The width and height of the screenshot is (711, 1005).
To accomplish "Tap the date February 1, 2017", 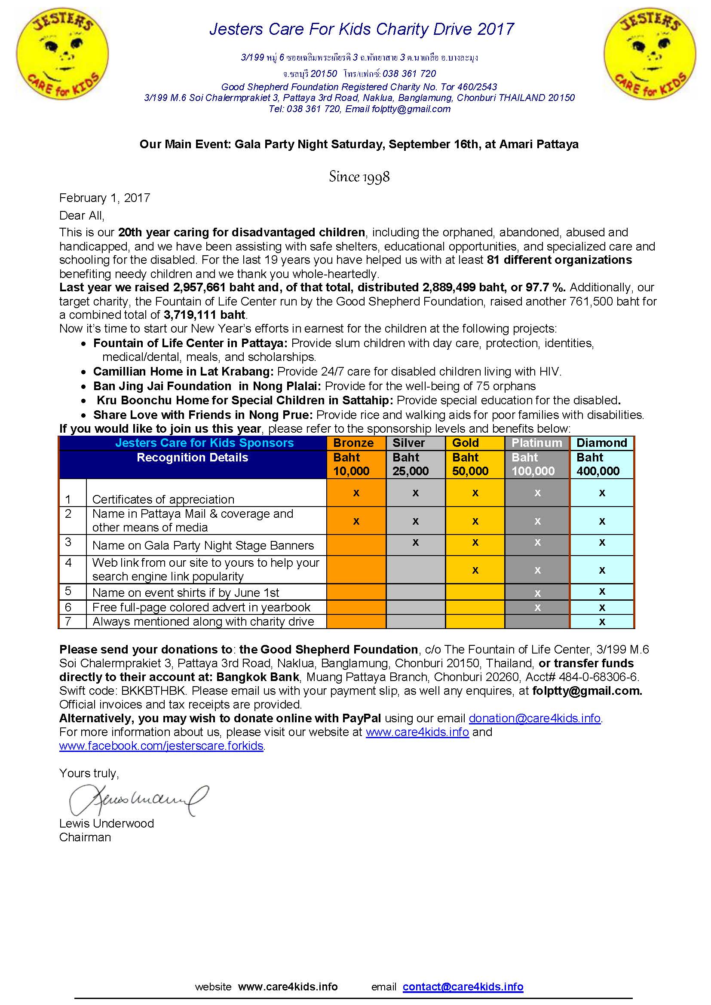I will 104,198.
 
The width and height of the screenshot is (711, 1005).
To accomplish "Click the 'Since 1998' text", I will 359,177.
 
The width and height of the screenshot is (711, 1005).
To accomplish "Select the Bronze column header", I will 353,443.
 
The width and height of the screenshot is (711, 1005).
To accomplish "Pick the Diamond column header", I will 601,443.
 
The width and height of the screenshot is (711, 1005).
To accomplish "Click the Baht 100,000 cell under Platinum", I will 533,464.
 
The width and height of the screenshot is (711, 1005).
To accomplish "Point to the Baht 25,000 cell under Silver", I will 410,464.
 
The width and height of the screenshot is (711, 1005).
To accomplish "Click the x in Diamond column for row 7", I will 602,622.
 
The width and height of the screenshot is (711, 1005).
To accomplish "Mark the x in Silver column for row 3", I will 416,542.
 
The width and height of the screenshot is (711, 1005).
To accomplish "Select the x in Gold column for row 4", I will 475,570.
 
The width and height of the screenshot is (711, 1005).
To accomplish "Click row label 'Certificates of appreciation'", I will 163,499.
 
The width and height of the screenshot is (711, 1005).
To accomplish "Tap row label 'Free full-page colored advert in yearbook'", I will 201,607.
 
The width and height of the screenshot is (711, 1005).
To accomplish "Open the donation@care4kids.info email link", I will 534,718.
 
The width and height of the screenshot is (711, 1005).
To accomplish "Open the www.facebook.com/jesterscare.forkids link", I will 161,746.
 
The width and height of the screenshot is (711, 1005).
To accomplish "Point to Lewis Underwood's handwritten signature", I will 138,799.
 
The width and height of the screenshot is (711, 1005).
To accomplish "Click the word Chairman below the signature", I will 85,837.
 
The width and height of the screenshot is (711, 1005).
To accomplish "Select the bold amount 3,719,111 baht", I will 205,315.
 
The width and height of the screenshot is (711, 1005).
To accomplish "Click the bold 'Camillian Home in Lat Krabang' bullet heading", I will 183,372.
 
